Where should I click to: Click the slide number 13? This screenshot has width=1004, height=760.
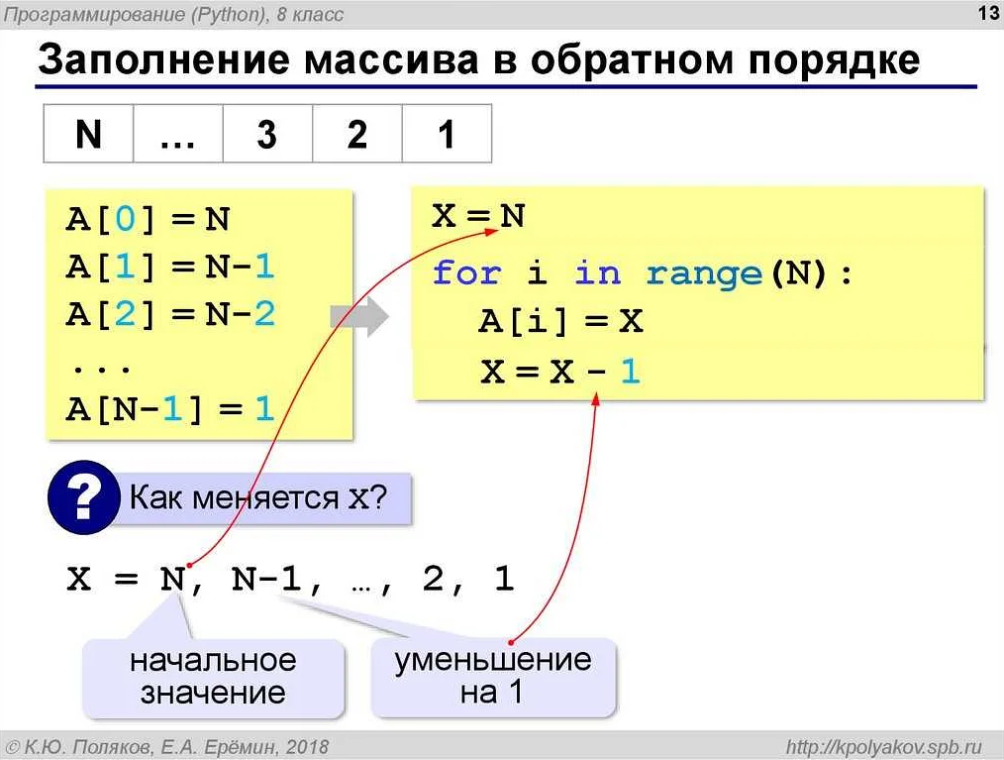click(988, 13)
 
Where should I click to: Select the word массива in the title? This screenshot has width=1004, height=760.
click(391, 59)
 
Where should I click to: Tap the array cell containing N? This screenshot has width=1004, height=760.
click(88, 134)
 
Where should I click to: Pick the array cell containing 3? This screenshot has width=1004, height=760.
click(267, 134)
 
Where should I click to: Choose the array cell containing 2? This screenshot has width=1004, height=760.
click(357, 134)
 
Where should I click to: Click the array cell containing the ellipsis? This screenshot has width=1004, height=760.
click(178, 134)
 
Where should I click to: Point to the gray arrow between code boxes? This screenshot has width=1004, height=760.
click(359, 316)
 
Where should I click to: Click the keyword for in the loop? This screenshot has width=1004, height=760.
click(466, 272)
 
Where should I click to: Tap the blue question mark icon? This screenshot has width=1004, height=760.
click(84, 497)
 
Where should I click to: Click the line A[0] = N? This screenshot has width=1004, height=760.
click(148, 219)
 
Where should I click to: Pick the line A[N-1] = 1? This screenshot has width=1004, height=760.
click(170, 409)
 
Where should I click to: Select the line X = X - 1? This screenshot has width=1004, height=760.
click(560, 371)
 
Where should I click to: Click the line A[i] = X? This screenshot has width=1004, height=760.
click(560, 321)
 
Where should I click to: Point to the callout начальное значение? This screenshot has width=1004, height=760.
click(213, 678)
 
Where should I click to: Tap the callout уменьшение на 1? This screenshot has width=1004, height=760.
click(493, 677)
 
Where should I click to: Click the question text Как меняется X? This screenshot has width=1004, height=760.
click(258, 497)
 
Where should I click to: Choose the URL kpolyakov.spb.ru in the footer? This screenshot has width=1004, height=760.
click(884, 746)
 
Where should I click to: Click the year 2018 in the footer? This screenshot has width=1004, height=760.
click(307, 746)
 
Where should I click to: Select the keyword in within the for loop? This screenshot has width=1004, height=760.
click(598, 272)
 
